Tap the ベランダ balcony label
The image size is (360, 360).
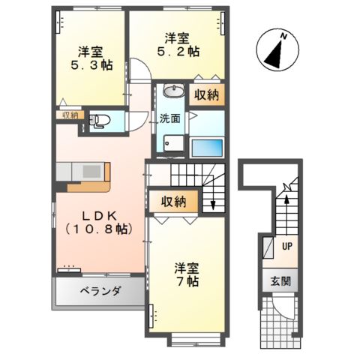[97, 291]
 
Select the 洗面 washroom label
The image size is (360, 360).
[169, 118]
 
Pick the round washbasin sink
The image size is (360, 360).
[172, 92]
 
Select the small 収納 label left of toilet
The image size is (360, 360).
[70, 115]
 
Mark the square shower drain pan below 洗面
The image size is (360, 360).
[172, 142]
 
